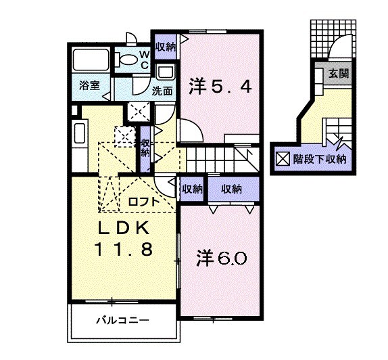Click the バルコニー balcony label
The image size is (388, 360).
[x=122, y=319]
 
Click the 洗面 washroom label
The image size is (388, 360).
[x=163, y=91]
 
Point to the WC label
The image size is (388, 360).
[x=144, y=60]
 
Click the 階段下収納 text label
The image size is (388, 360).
[x=318, y=160]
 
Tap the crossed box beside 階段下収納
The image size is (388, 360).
[x=282, y=160]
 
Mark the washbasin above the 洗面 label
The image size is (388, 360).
[x=164, y=72]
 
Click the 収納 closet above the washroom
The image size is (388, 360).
[x=164, y=47]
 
